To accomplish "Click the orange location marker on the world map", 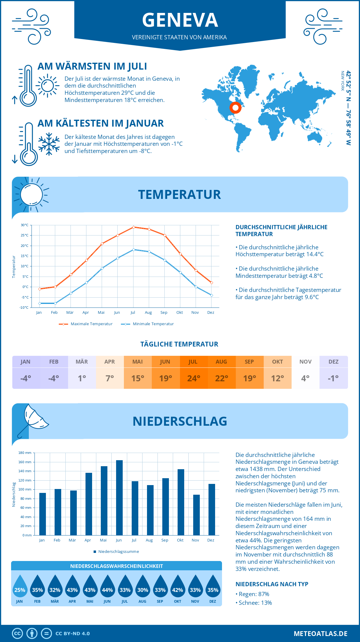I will pos(235,107).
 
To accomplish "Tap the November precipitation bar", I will pos(196,515).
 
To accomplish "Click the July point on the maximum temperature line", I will pos(133,227).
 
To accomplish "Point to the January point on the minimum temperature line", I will pos(40,303).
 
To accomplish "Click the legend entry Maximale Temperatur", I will pos(86,324).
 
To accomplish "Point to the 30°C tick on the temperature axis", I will pos(25,225).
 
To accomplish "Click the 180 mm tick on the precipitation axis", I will pos(25,453).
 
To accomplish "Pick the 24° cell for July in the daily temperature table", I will pos(193,378).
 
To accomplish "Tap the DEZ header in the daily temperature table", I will pos(333,362).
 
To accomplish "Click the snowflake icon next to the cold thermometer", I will pos(49,144).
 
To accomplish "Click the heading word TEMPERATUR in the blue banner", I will pos(179,194).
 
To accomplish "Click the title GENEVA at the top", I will pos(180,20).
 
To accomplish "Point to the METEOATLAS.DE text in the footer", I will pos(320,634).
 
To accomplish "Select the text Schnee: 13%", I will pos(255,603).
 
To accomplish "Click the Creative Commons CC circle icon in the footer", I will pos(17,634).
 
